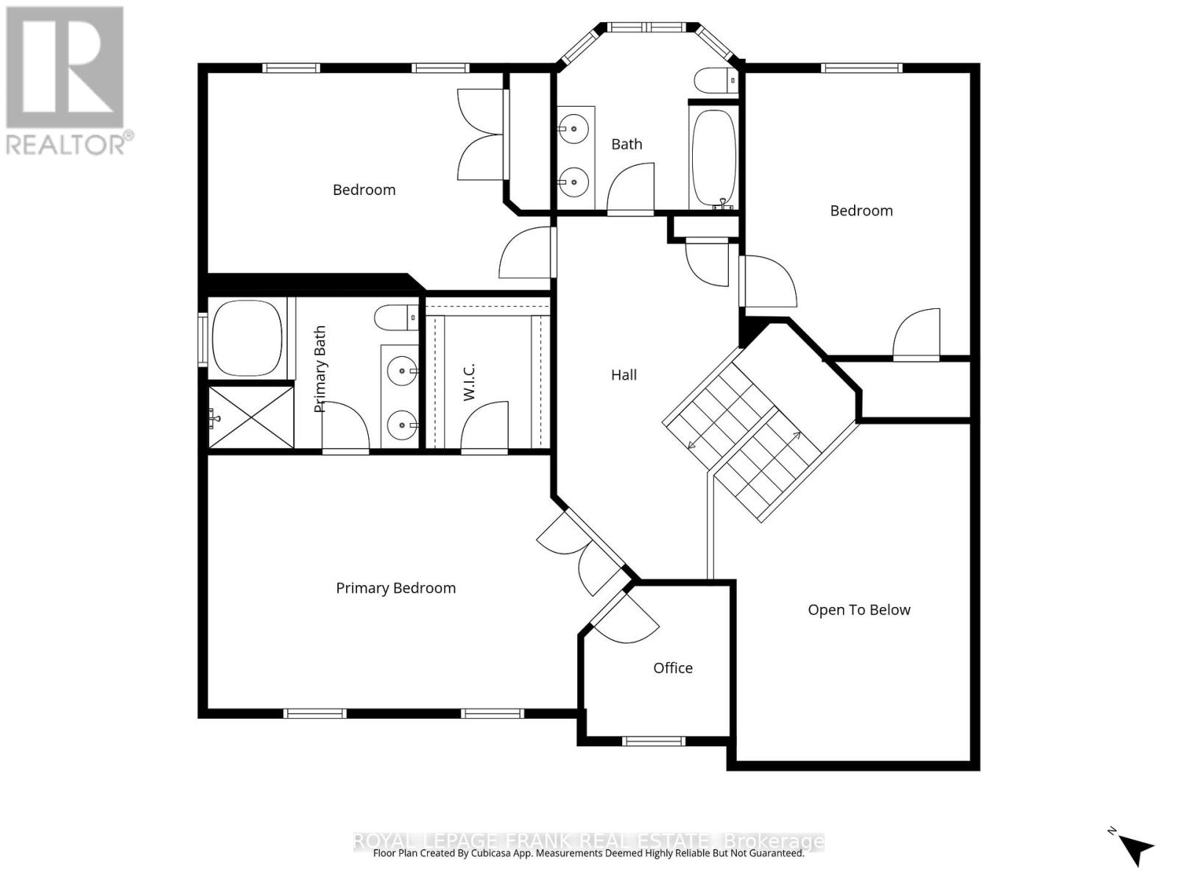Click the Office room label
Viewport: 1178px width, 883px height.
tap(672, 667)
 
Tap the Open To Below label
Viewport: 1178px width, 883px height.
tap(858, 609)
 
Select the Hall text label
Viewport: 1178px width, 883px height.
tap(624, 375)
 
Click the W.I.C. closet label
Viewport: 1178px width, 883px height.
tap(469, 381)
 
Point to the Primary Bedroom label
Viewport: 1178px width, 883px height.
tap(395, 587)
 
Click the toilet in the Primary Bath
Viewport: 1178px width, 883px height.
tap(395, 318)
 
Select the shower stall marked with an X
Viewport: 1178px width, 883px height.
tap(251, 417)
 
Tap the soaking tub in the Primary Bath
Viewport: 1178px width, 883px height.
tap(247, 337)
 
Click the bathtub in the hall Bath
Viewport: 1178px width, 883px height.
tap(713, 157)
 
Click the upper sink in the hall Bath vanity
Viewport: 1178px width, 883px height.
tap(573, 129)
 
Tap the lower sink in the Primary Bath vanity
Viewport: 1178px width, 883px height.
tap(402, 425)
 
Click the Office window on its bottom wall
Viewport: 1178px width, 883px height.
tap(653, 741)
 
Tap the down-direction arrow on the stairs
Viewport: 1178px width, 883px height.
tap(691, 444)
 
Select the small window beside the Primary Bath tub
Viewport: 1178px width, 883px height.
tap(202, 339)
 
